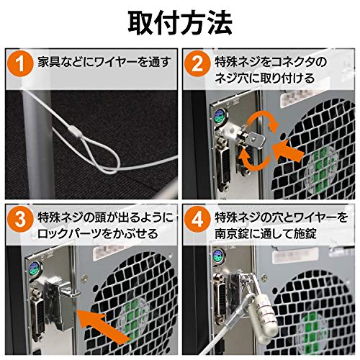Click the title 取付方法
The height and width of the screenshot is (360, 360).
(x=180, y=23)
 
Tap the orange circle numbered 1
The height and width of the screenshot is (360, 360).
(x=20, y=64)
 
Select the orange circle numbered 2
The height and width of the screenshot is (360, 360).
(x=197, y=64)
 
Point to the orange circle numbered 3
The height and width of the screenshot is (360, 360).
(x=20, y=220)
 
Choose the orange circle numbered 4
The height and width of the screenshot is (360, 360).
(x=197, y=220)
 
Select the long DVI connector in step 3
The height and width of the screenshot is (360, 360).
(x=38, y=315)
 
